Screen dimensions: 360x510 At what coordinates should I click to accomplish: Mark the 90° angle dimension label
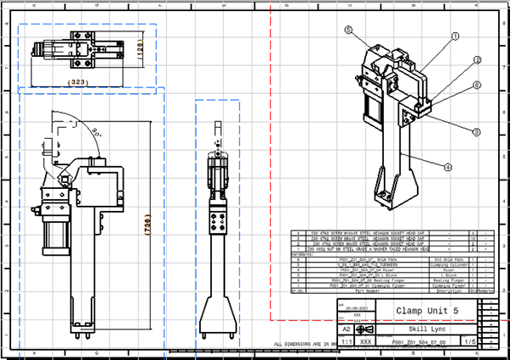point(100,131)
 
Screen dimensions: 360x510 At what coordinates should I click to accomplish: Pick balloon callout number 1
point(454,36)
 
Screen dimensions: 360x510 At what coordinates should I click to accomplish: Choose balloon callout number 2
point(477,60)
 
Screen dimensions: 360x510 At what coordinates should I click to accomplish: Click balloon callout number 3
point(476,132)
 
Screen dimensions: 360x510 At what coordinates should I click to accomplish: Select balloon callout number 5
point(348,30)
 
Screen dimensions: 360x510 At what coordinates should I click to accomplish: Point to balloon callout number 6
point(477,86)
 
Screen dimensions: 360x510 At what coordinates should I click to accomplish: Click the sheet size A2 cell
point(345,327)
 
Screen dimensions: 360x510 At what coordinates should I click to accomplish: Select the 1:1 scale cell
point(345,341)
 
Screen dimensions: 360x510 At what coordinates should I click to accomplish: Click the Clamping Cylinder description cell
point(449,263)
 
